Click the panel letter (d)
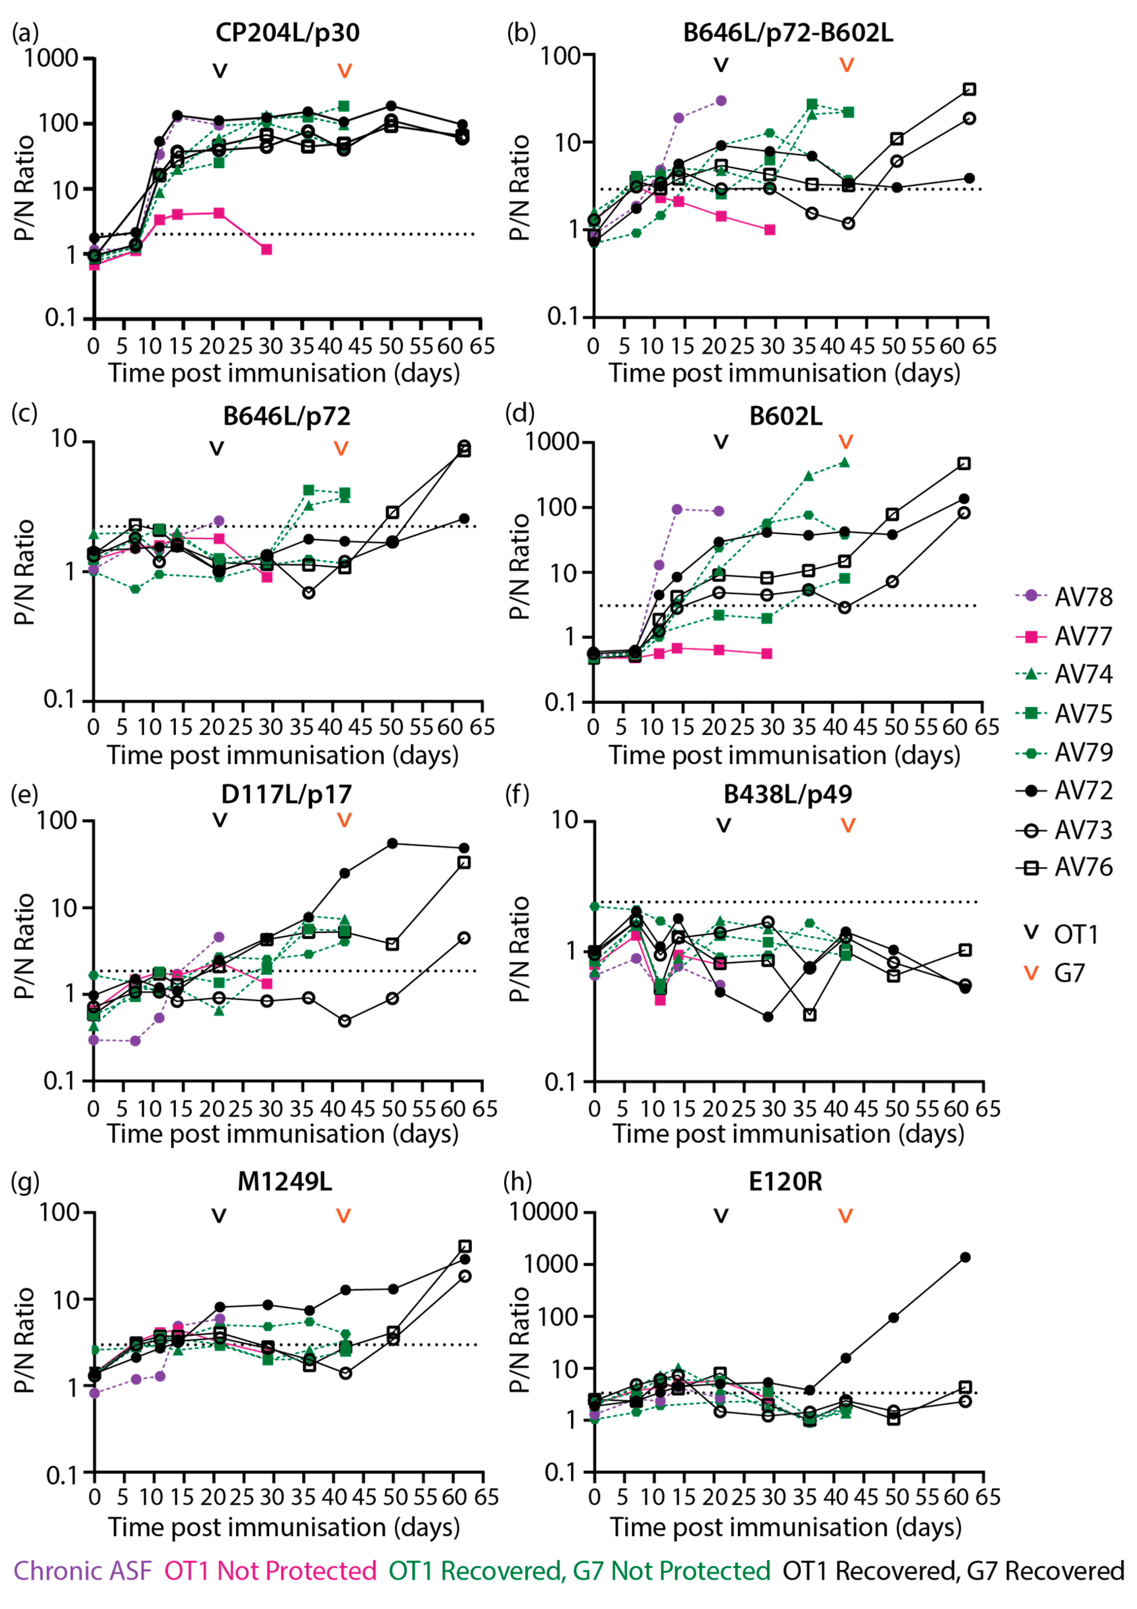coord(519,413)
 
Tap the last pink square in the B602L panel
coord(767,653)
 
